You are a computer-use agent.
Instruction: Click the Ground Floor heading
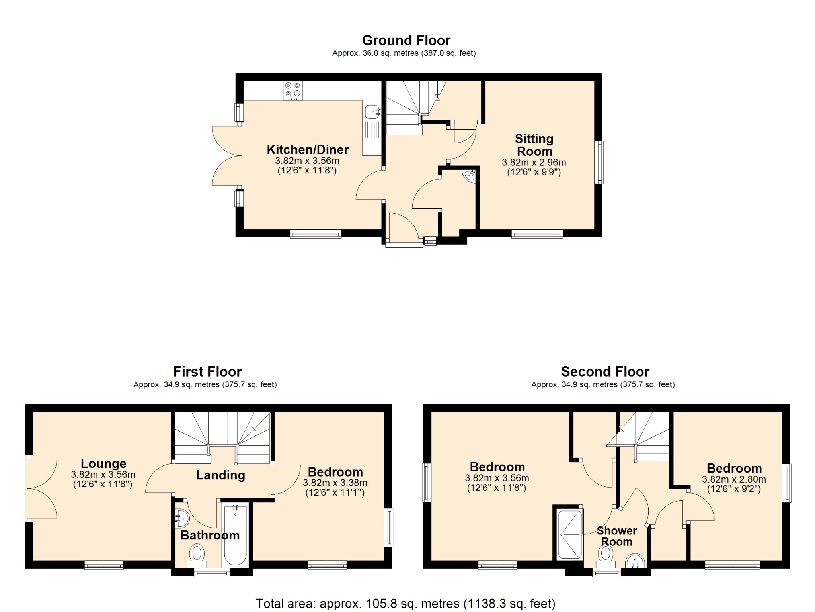tap(406, 40)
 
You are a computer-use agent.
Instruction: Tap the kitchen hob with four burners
tap(292, 90)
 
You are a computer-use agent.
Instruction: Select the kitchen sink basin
tap(372, 111)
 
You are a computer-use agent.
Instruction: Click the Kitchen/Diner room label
tap(308, 149)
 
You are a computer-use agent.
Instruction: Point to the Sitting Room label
tap(534, 145)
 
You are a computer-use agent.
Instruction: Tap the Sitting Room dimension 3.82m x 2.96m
tap(534, 163)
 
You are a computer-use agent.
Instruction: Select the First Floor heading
tap(207, 371)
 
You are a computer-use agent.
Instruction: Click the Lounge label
tap(103, 463)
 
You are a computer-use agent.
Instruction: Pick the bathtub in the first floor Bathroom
tap(235, 534)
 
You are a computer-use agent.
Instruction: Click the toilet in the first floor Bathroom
tap(197, 555)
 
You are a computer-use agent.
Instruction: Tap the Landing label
tap(220, 475)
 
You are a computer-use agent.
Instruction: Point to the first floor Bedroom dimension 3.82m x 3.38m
tap(335, 483)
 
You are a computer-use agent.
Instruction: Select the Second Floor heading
tap(605, 371)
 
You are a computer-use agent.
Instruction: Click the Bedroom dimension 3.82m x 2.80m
tap(734, 480)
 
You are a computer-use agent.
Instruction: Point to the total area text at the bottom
tap(406, 604)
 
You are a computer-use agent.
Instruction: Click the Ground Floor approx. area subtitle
tap(404, 53)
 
